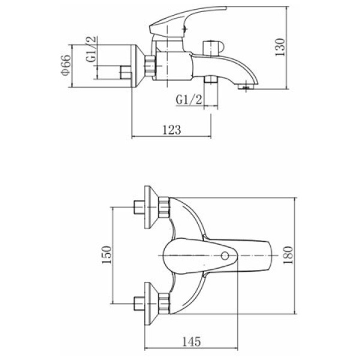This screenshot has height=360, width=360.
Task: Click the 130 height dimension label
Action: coord(280,47)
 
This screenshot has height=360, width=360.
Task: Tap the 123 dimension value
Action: coord(172,130)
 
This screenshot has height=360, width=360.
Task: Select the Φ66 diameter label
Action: coord(65,65)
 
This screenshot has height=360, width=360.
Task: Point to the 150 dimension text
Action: coord(107,255)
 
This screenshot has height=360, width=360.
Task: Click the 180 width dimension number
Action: coord(288,255)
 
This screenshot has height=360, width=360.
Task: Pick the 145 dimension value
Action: coord(191,341)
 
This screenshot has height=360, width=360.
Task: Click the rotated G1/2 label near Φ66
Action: coord(91,49)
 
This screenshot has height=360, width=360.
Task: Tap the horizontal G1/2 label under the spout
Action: coord(189,100)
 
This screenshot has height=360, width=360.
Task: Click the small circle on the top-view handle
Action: coord(225,256)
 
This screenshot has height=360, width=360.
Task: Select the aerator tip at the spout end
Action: coord(245,86)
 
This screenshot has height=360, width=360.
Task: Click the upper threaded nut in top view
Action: coord(164,208)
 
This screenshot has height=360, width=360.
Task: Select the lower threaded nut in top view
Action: coord(164,304)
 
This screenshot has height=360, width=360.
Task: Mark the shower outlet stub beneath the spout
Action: coord(211,79)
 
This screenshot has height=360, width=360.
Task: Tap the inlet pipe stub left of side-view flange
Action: coord(126,73)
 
